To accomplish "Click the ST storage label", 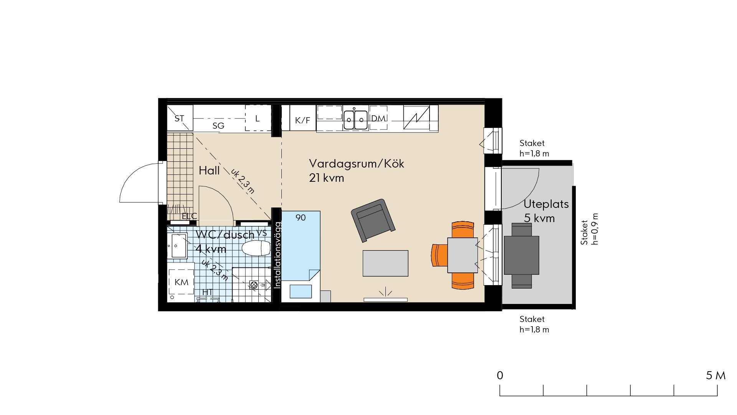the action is [179, 118].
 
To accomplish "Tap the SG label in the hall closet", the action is [218, 126].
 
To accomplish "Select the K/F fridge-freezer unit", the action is [302, 118].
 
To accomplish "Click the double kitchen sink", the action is [354, 120].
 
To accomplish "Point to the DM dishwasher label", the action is [378, 118].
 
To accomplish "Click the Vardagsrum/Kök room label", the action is [357, 164].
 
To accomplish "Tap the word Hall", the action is [209, 170].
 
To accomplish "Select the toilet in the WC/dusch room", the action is [256, 248].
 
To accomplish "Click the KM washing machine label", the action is [182, 282].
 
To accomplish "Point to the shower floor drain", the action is [253, 285].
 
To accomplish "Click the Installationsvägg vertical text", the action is [278, 255].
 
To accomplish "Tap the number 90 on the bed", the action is [301, 218].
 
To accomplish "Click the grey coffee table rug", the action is [385, 263].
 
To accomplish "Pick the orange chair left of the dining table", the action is [440, 255].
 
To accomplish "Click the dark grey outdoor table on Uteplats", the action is [521, 255].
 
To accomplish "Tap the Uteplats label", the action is [546, 204].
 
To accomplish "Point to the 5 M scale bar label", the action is [716, 375].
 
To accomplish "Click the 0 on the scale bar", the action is [500, 375].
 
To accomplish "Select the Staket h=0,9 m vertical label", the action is [589, 229].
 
